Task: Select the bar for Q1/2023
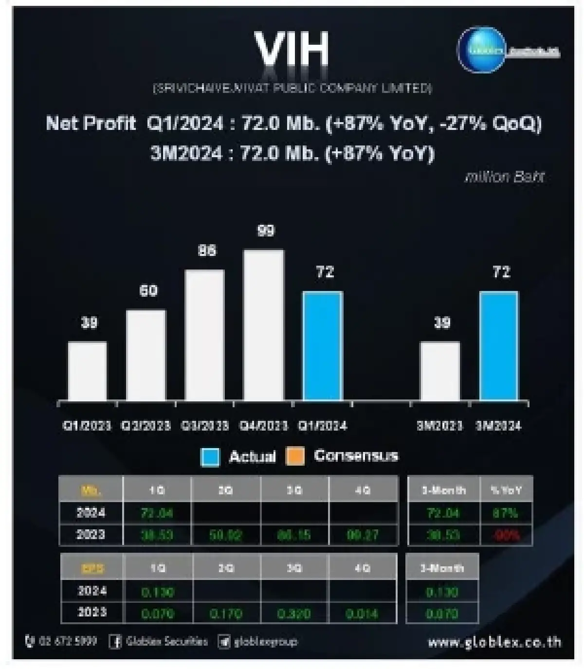(88, 371)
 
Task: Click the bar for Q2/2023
(146, 355)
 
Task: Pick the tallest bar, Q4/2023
(264, 325)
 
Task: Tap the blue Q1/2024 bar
(323, 346)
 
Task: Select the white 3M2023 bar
(440, 371)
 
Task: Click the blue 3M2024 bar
(499, 346)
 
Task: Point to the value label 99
(266, 230)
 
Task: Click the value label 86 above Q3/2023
(207, 251)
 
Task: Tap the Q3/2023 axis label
(205, 426)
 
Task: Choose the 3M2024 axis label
(498, 426)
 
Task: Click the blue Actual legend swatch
(210, 457)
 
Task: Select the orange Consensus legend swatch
(295, 456)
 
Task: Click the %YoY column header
(506, 490)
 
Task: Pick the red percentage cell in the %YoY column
(506, 535)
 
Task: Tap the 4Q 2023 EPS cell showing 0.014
(362, 614)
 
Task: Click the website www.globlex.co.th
(494, 642)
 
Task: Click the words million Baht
(504, 177)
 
